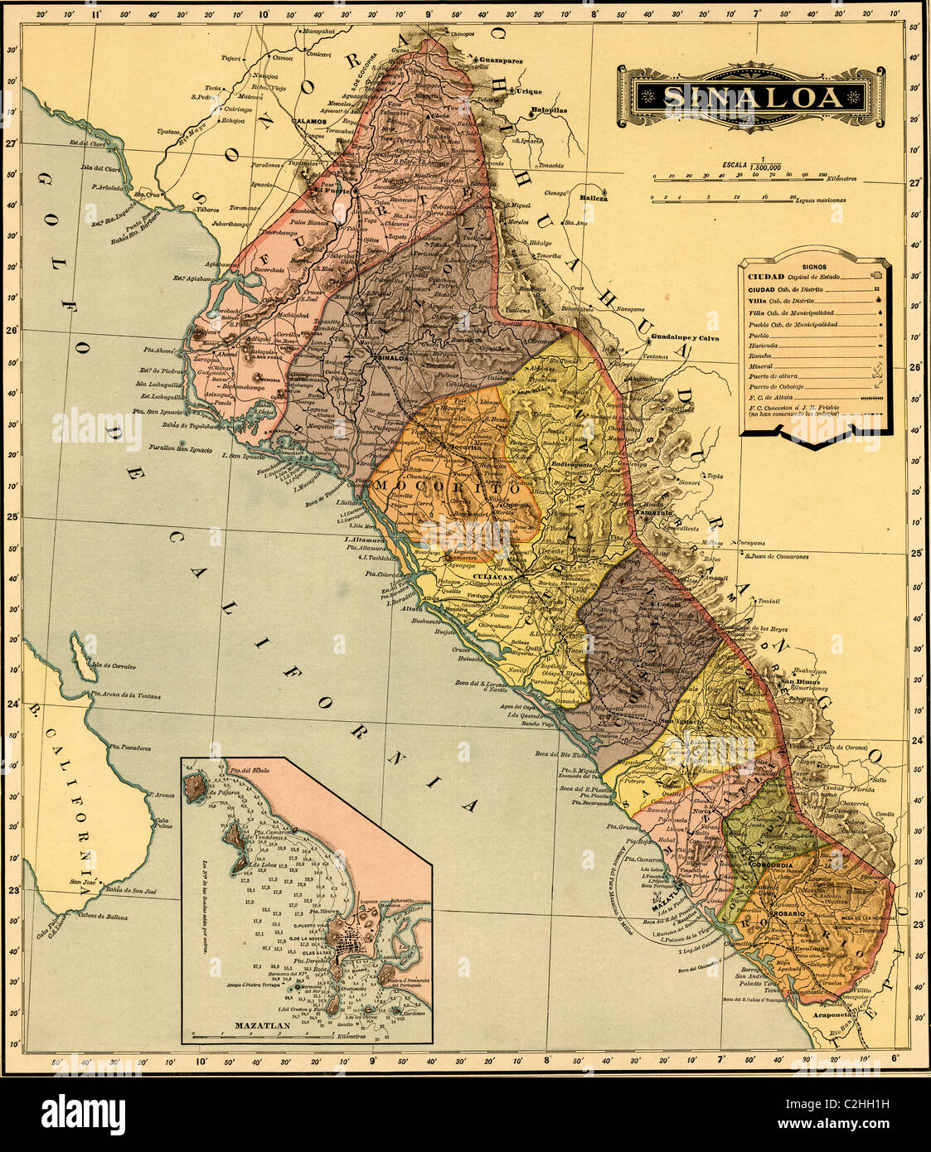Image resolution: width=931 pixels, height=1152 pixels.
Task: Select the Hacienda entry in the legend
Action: coord(762,345)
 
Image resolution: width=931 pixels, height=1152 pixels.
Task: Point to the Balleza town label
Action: coord(594,198)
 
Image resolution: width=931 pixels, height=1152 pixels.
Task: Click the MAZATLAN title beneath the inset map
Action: coord(262,1025)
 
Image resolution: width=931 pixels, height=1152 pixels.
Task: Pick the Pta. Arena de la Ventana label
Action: coord(126,695)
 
